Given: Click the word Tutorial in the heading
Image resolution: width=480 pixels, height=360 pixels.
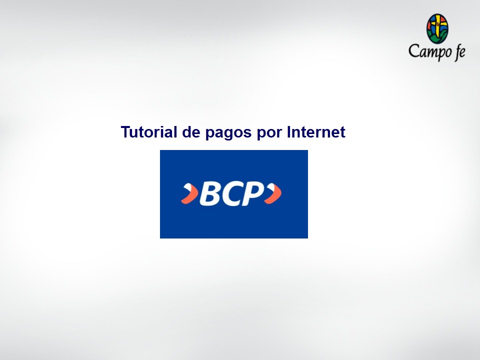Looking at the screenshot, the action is click(149, 132).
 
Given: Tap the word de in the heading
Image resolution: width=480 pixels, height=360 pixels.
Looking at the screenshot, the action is click(191, 132).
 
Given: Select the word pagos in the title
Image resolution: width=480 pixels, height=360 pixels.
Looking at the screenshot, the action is click(228, 133).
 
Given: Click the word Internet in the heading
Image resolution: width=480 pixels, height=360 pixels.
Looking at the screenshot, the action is click(316, 132).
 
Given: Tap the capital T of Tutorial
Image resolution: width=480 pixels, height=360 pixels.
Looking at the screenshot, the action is click(125, 132).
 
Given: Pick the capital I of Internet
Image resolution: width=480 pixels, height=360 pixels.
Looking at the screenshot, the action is click(288, 132).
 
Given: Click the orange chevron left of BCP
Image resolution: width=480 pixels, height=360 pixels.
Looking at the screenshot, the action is click(190, 193).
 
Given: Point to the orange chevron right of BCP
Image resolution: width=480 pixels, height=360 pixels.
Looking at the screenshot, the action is click(273, 193).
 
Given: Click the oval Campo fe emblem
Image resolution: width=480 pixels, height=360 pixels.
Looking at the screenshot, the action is click(437, 28).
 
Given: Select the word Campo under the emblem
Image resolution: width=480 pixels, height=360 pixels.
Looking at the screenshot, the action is click(430, 51).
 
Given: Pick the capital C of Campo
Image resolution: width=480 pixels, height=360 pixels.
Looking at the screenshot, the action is click(414, 50).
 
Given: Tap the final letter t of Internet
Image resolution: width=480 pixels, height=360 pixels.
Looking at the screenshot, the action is click(343, 132).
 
